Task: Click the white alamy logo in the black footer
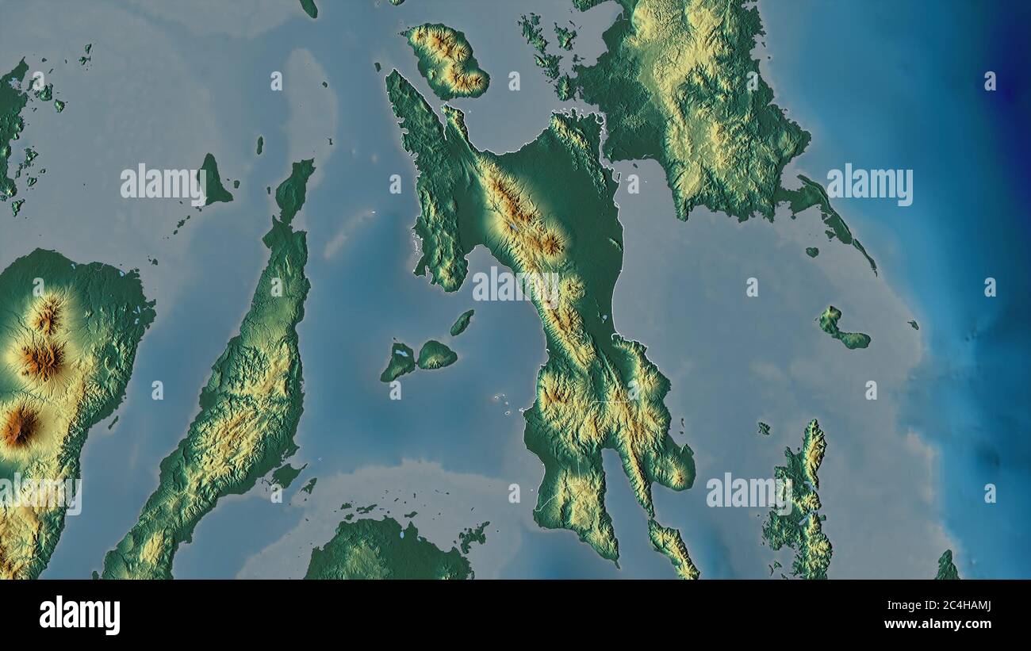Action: (80, 615)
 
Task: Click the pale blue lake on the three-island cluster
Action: (402, 353)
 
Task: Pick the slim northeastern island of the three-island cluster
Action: (462, 322)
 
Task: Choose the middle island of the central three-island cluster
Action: (435, 355)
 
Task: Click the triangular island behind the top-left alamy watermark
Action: (213, 182)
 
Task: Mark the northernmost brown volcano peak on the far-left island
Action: (48, 316)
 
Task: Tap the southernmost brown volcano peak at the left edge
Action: (19, 427)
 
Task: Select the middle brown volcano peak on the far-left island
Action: (42, 361)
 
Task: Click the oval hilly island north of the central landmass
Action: (446, 60)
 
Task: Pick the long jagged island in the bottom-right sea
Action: (801, 504)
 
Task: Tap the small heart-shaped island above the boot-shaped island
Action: (811, 252)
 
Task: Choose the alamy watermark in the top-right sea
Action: (869, 186)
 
